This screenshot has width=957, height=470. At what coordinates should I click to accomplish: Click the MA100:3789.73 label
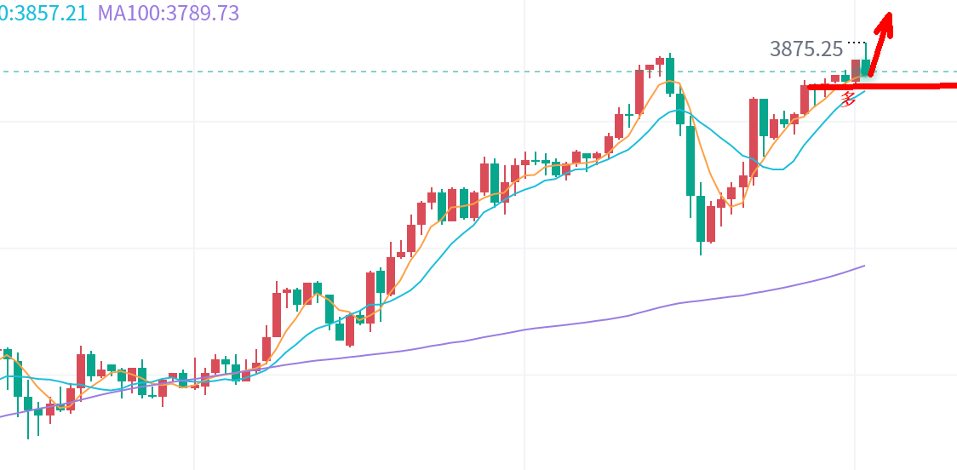point(169,13)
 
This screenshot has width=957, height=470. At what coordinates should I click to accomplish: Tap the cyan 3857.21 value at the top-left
point(44,13)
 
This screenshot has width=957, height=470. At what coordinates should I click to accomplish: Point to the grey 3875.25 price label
point(805,49)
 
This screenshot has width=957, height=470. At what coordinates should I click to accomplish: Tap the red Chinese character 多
point(848,99)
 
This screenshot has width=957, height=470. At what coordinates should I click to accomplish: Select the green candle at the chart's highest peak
point(670,75)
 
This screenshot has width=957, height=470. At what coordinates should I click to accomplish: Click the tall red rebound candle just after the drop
point(754,128)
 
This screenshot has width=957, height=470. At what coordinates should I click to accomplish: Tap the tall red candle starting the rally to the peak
point(639,90)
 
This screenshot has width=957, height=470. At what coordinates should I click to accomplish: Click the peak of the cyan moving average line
point(679,111)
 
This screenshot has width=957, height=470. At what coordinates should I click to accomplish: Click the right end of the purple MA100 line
point(863,267)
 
